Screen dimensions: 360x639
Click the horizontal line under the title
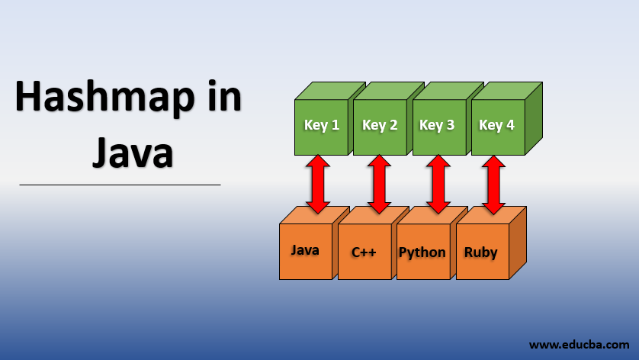[120, 185]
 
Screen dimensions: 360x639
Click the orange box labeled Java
[305, 251]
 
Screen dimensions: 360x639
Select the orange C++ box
[364, 252]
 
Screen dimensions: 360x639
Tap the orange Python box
[422, 252]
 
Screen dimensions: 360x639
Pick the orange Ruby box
[480, 252]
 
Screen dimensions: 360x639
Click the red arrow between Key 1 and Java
[318, 184]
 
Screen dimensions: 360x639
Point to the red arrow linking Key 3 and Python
[437, 184]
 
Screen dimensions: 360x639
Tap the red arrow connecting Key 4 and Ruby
[493, 184]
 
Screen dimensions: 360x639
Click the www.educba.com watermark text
[579, 345]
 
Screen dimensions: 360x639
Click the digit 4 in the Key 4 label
[509, 126]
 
